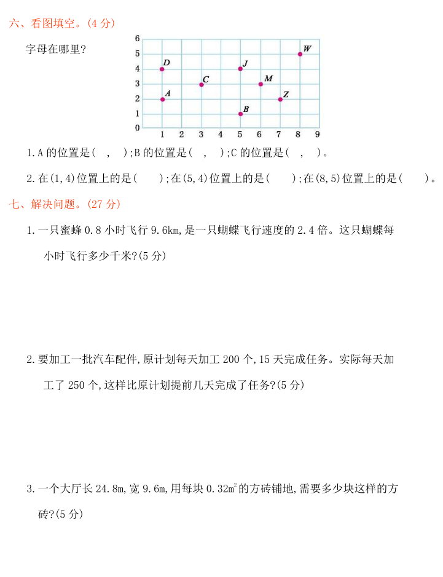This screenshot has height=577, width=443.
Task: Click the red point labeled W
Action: click(300, 54)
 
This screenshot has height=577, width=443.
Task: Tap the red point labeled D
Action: click(162, 69)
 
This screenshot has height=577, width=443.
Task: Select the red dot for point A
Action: click(162, 99)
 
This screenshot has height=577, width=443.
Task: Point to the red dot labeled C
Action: click(202, 84)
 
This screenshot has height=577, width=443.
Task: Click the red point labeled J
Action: click(240, 69)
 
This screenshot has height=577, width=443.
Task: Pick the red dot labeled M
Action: click(261, 84)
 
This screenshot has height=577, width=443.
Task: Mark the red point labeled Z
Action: click(280, 99)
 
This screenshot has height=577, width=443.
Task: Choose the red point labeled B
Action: click(240, 114)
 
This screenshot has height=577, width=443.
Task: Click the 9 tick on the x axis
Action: click(317, 134)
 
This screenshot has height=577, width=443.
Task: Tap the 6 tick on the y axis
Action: click(137, 39)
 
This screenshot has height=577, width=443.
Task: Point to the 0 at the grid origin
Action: click(137, 128)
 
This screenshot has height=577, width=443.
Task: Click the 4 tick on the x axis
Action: click(221, 134)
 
